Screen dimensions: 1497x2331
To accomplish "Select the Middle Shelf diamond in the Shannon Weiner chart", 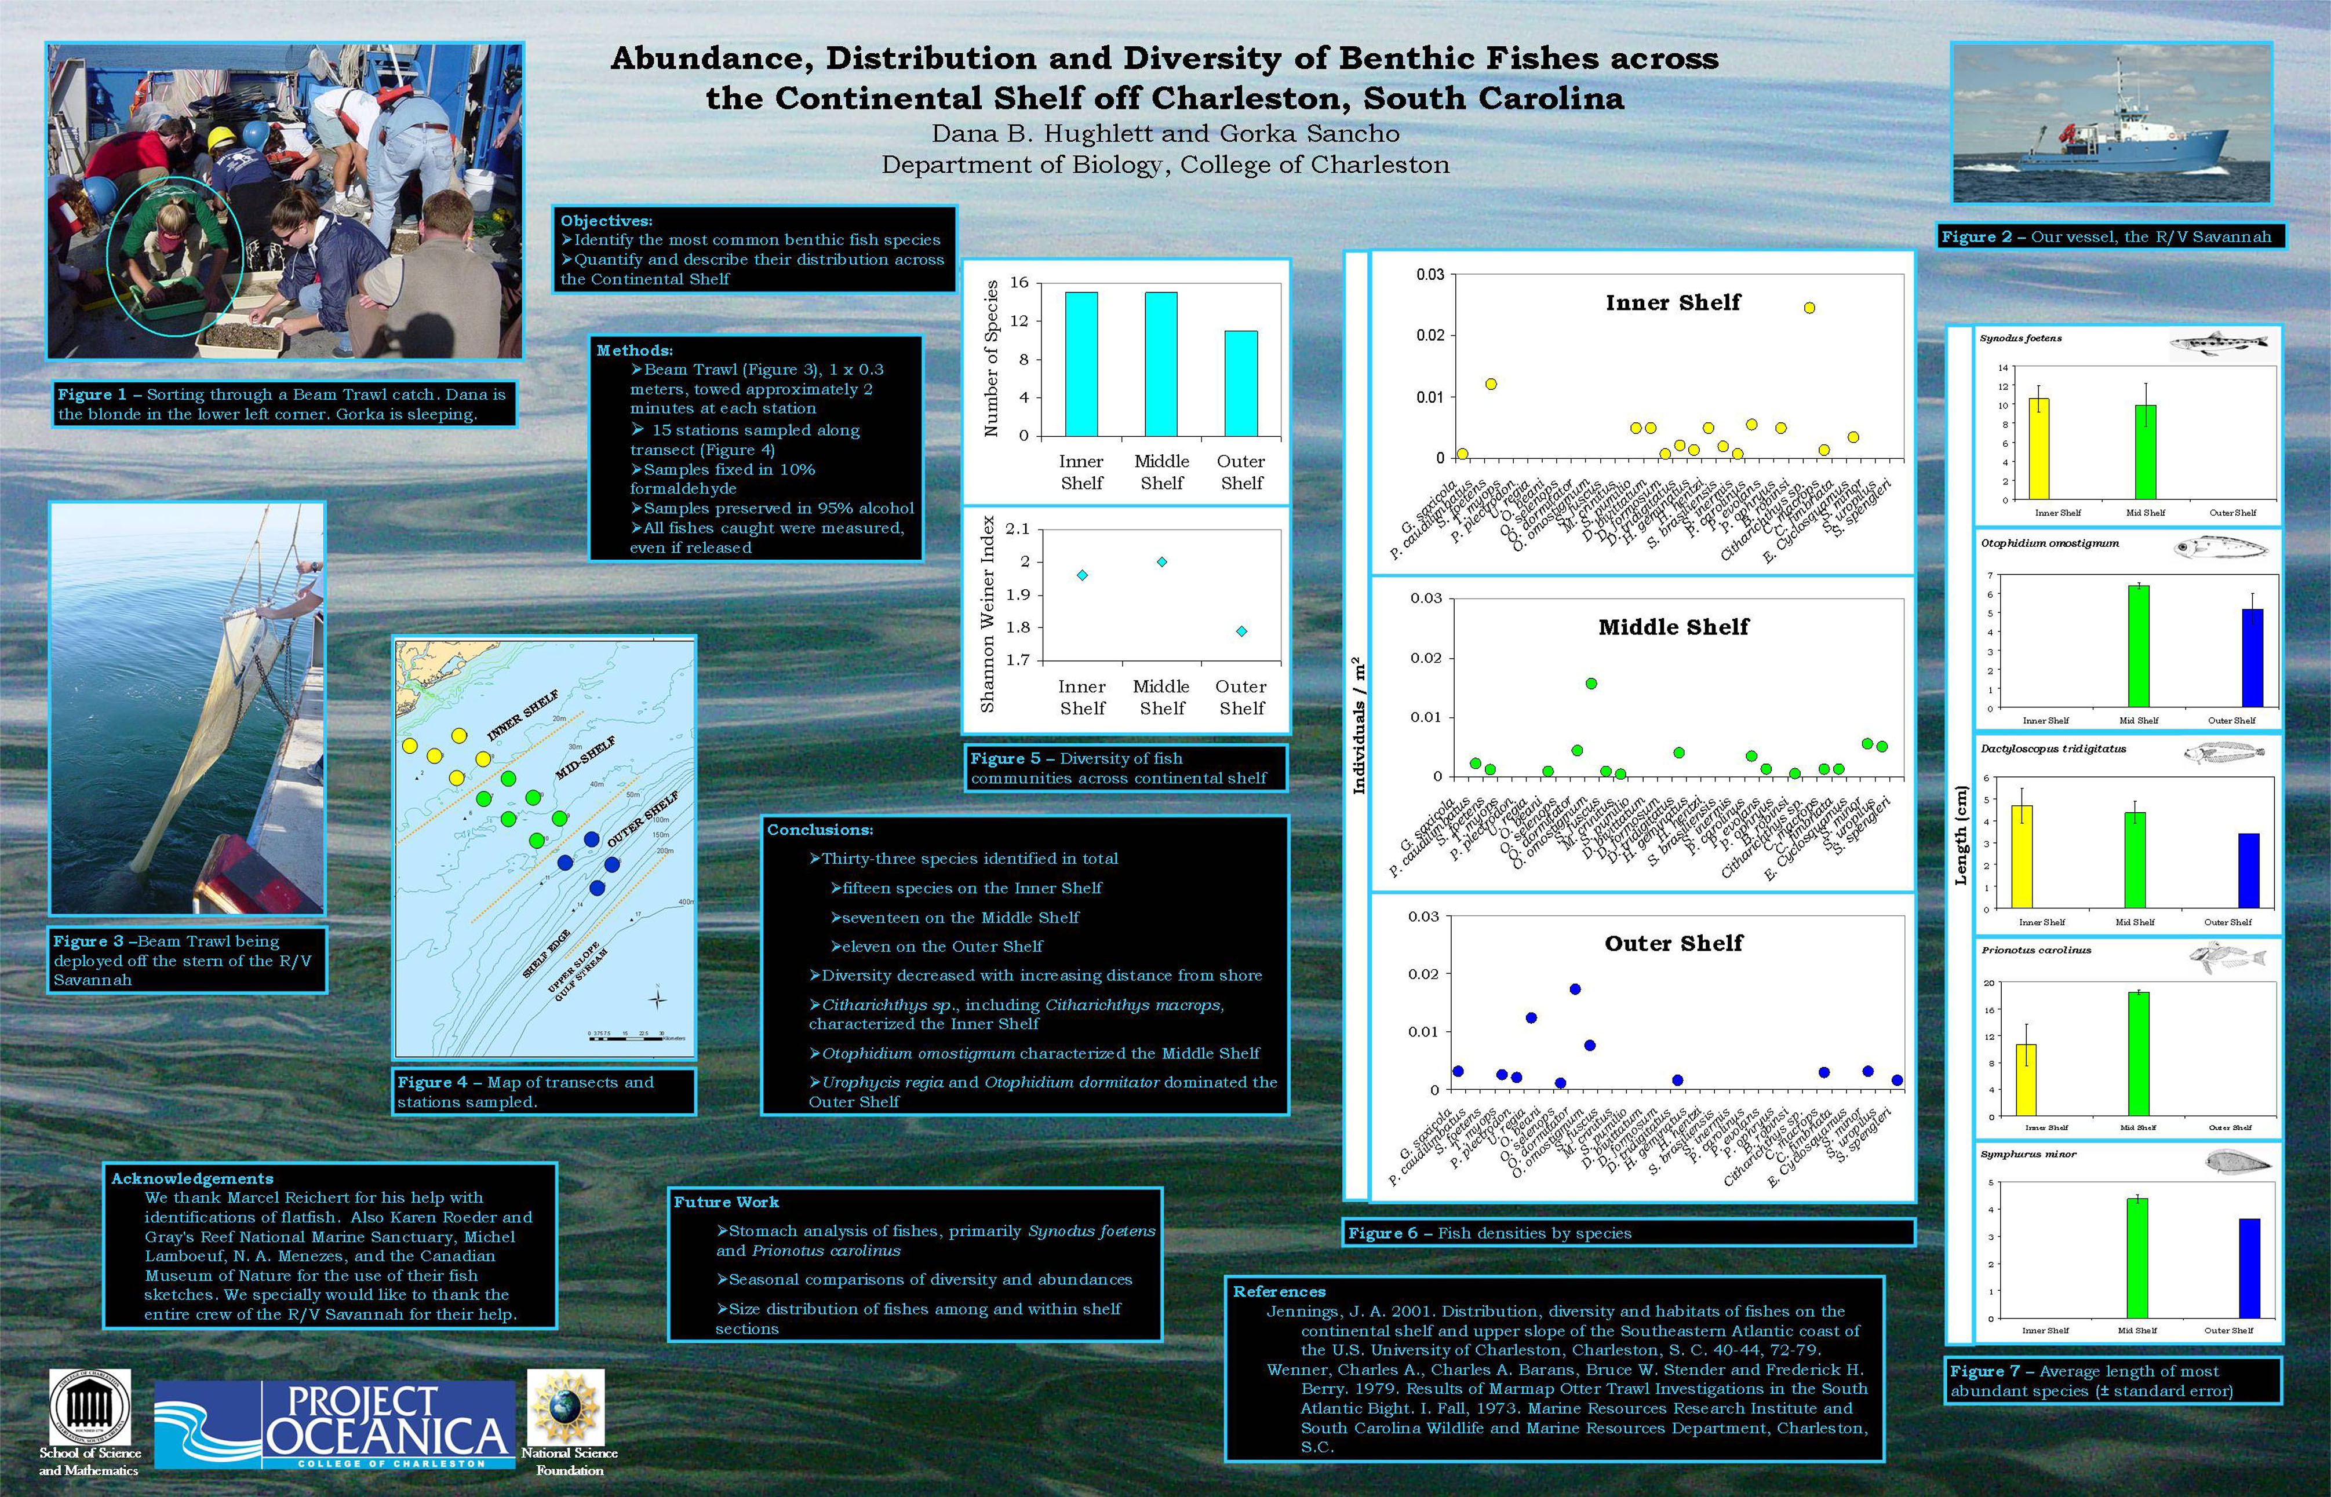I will (1161, 562).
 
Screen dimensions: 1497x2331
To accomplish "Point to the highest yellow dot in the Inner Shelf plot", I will (1809, 308).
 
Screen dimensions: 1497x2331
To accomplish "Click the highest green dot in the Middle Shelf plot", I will (1591, 684).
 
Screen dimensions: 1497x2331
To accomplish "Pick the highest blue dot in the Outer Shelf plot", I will (1575, 988).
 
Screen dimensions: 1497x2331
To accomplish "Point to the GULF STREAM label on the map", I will (581, 975).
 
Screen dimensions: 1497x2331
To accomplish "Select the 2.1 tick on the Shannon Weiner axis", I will (1017, 529).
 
